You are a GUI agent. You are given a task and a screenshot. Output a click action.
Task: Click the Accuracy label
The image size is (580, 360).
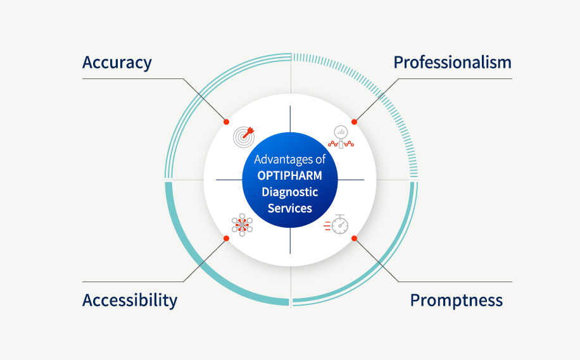pos(117,63)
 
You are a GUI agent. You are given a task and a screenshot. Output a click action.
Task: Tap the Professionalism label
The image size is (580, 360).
pos(452,62)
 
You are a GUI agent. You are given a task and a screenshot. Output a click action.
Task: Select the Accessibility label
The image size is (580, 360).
pos(130,300)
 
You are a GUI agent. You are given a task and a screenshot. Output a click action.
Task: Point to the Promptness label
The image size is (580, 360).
pos(457,300)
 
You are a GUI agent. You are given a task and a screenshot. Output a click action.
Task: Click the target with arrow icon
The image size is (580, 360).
pos(244,137)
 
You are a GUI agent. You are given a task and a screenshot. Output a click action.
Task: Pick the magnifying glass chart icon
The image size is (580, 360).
pos(341,137)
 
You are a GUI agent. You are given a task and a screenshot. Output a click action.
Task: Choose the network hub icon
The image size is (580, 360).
pos(242,225)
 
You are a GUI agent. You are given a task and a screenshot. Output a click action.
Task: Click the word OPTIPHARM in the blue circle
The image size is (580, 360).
pos(289,175)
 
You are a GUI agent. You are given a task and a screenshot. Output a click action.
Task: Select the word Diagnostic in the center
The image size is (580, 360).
pos(289,192)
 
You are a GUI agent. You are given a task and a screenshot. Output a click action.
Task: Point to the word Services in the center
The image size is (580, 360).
pos(289,208)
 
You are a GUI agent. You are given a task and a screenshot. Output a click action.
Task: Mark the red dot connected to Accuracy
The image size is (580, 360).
pos(227,122)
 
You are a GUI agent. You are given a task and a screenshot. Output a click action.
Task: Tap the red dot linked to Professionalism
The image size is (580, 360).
pos(354,122)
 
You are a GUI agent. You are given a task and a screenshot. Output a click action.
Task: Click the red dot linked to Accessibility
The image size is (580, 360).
pos(227,239)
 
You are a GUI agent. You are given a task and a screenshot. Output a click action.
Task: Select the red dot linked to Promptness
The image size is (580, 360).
pos(354,239)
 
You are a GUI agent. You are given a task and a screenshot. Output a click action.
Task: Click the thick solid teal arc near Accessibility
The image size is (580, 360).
pos(202,269)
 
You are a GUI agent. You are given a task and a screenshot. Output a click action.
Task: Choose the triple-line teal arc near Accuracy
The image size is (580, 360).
pos(201,91)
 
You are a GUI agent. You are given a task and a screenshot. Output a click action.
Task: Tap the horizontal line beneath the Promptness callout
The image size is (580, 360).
pos(455,282)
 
